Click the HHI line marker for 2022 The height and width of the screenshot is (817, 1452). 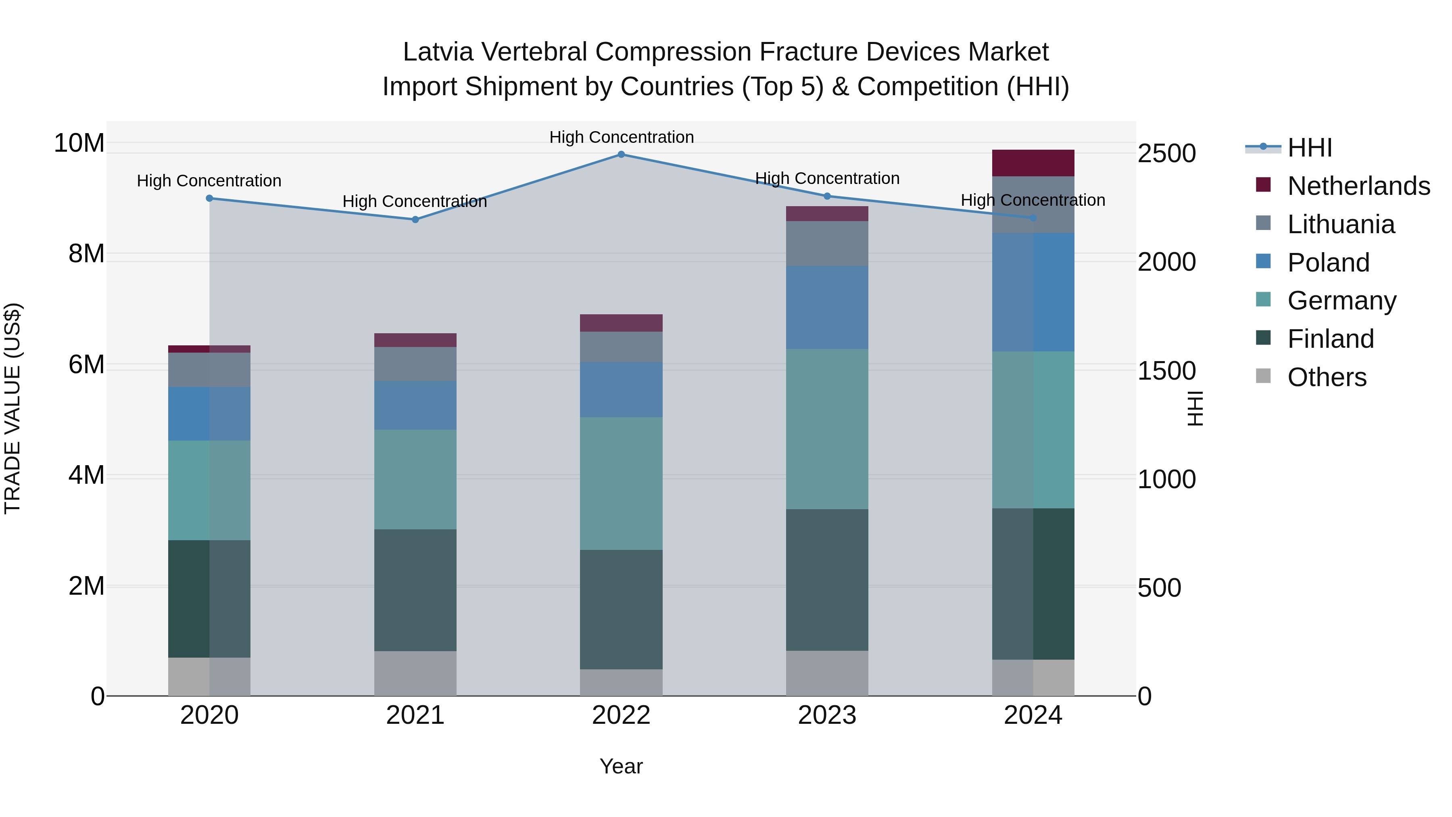coord(621,154)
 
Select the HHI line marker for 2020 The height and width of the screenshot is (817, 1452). coord(209,198)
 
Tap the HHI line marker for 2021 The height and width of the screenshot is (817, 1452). coord(415,219)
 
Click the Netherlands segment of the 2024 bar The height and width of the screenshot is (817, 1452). coord(1033,163)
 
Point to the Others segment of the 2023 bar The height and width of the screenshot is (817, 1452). coord(827,673)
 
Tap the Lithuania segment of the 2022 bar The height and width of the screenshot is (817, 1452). coord(621,347)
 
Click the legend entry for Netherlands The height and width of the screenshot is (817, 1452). coord(1358,186)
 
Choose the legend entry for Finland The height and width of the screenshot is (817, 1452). coord(1330,339)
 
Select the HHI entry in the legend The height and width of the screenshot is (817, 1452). coord(1309,148)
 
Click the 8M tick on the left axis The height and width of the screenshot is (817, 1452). coord(86,254)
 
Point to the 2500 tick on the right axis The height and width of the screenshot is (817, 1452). coord(1166,153)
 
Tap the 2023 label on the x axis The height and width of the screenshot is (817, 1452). coord(827,715)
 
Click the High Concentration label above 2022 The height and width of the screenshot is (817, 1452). coord(621,137)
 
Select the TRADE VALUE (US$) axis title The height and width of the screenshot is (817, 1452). coord(13,408)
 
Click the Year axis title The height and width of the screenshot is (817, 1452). coord(621,766)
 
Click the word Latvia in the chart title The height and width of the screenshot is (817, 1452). coord(438,52)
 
